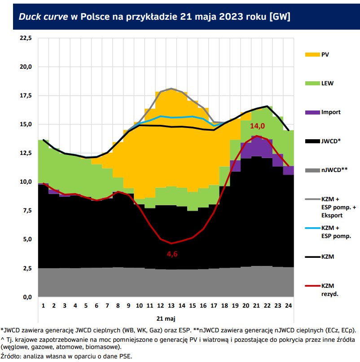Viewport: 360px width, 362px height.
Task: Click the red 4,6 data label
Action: (x=172, y=254)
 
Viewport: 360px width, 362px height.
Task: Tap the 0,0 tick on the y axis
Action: (x=27, y=297)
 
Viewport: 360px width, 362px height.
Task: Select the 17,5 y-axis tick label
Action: (x=26, y=95)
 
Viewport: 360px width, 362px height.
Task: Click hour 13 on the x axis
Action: (x=171, y=305)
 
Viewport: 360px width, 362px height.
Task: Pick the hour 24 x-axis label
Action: (x=289, y=305)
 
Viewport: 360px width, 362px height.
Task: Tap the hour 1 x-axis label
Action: (x=43, y=305)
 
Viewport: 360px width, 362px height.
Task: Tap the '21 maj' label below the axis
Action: (x=166, y=318)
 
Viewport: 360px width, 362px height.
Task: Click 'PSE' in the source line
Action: (x=125, y=356)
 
